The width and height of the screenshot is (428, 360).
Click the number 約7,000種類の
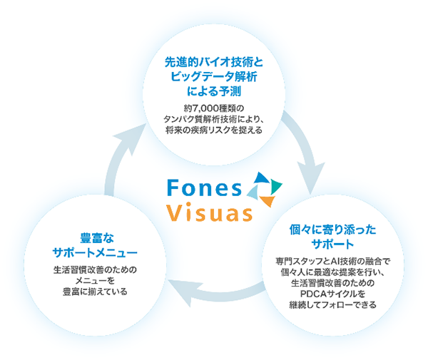pos(214,108)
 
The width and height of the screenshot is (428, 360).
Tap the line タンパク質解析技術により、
pos(214,120)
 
